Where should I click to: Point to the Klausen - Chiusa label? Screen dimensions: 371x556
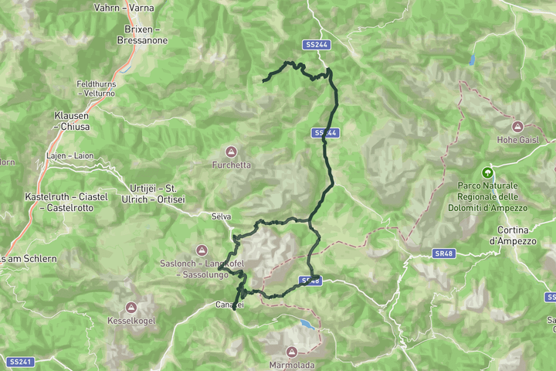click(72, 121)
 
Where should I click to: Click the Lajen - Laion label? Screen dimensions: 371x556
click(69, 155)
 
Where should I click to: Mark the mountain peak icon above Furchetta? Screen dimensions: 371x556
click(230, 150)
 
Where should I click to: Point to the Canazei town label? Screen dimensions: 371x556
click(229, 305)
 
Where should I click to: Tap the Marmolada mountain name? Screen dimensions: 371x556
click(291, 363)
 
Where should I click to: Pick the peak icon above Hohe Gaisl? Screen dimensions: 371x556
click(517, 126)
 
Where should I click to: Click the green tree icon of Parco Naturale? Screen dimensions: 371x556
click(487, 172)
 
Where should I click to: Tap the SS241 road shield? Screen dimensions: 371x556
click(20, 362)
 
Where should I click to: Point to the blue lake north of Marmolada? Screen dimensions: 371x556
click(308, 323)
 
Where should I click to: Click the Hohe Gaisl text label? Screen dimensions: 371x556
click(517, 140)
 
